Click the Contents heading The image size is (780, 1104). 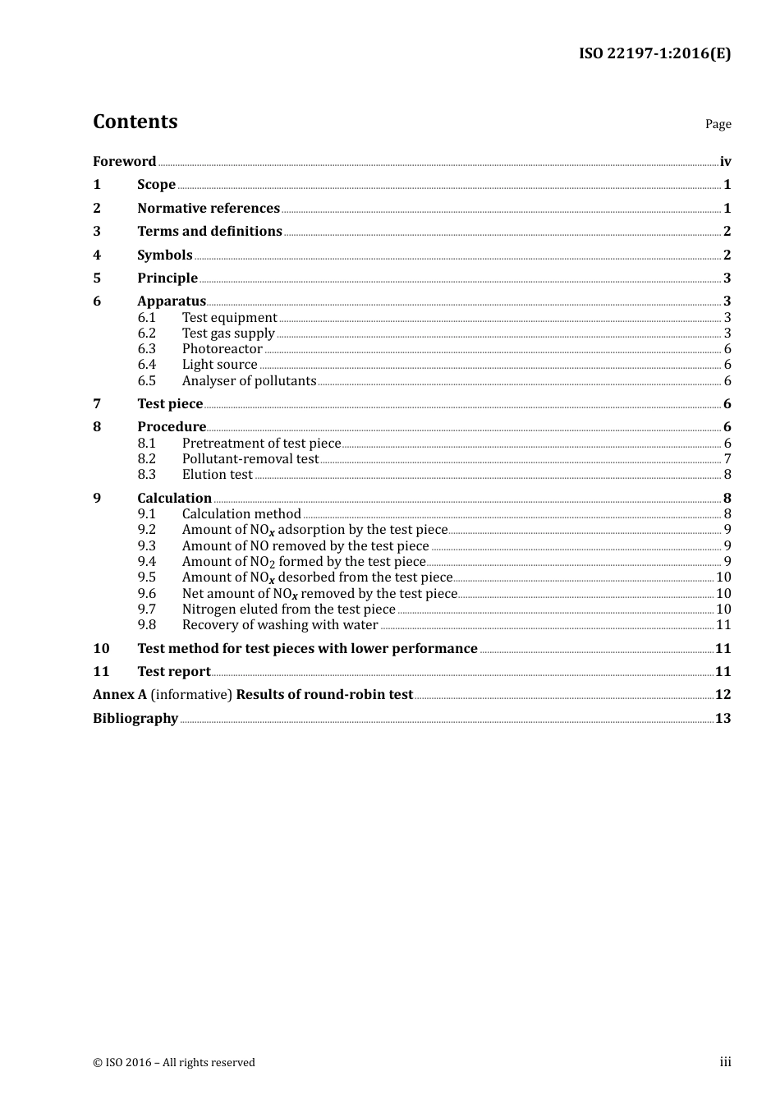pos(135,122)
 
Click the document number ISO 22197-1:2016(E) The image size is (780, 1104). pos(654,54)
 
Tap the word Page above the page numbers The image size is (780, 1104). pos(718,124)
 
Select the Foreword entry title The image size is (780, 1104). pos(124,161)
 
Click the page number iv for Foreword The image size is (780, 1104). pos(725,161)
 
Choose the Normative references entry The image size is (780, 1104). pos(209,208)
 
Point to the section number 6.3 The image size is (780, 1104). pos(146,348)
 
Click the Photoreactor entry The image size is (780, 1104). pos(222,348)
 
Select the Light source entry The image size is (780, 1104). pos(219,364)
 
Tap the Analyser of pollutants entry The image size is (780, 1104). pos(249,380)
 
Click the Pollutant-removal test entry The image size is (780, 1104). pos(250,458)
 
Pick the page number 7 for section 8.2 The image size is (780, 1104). pos(727,458)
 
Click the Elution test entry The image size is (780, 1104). pos(217,474)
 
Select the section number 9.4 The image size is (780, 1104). pos(146,561)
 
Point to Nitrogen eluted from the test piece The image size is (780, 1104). pos(288,609)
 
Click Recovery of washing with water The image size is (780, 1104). pos(279,624)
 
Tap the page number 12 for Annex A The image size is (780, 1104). pos(723,694)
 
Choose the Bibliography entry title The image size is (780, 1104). pos(135,718)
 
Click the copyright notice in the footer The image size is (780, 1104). pos(174,1062)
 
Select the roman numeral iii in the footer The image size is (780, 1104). pos(725,1061)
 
